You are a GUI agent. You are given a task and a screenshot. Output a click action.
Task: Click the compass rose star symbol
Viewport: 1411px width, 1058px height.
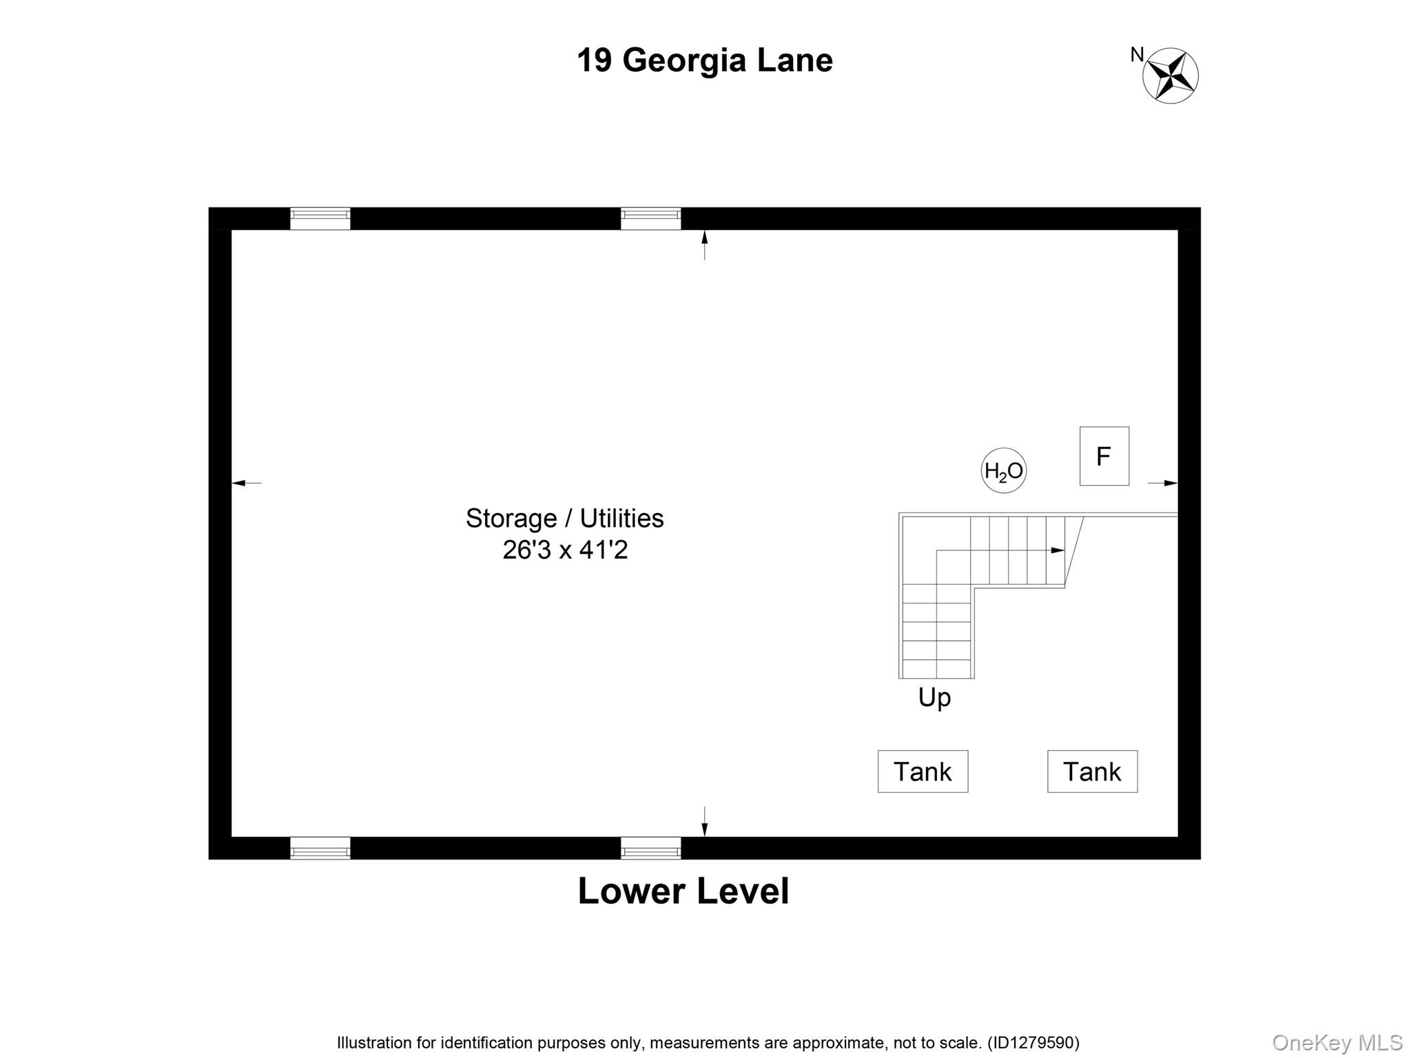[x=1170, y=76]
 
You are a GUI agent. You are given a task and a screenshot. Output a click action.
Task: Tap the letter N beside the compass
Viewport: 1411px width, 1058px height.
[x=1137, y=54]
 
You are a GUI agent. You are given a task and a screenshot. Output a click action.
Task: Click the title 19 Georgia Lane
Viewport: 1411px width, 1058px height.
[x=704, y=61]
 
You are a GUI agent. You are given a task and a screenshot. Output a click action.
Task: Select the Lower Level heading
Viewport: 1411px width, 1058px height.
[x=683, y=891]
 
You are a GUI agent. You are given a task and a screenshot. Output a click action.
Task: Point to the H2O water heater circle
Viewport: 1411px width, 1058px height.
[x=1003, y=471]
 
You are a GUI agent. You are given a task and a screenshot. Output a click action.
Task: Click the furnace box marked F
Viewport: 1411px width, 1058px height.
[x=1104, y=456]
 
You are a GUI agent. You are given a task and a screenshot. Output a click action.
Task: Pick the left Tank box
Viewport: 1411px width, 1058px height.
[x=923, y=771]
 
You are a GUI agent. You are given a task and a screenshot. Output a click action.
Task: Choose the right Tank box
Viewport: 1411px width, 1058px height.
[x=1092, y=771]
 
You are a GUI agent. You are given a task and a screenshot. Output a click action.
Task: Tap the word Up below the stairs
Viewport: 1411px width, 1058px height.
[x=934, y=698]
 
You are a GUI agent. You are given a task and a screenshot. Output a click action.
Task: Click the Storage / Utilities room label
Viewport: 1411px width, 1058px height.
[x=564, y=518]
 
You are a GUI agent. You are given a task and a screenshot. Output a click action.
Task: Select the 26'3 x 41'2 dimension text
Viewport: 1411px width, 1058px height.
[x=565, y=550]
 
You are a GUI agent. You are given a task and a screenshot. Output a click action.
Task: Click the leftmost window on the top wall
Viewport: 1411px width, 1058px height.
[x=320, y=218]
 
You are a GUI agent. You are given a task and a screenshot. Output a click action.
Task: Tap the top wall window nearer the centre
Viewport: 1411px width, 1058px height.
[x=650, y=218]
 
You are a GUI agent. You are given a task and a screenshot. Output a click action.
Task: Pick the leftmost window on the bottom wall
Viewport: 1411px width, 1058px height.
[x=320, y=849]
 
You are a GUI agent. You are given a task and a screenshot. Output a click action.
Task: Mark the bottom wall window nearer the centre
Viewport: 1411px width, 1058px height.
[x=650, y=849]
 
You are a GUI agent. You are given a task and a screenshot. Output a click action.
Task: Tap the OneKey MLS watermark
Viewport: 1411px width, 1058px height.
[x=1337, y=1042]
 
